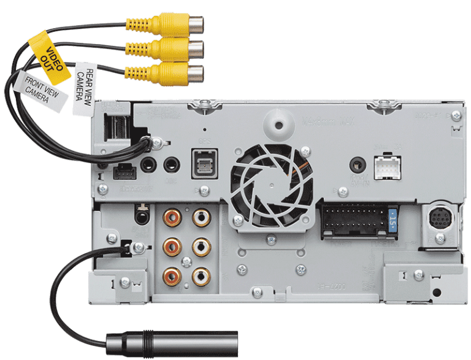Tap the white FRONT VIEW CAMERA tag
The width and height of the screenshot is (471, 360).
tap(42, 93)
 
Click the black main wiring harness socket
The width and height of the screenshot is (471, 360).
tap(354, 219)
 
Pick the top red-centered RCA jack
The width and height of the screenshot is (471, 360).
tap(171, 216)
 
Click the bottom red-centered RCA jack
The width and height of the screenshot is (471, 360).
tap(171, 275)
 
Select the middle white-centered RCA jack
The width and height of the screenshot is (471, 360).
tap(200, 246)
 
